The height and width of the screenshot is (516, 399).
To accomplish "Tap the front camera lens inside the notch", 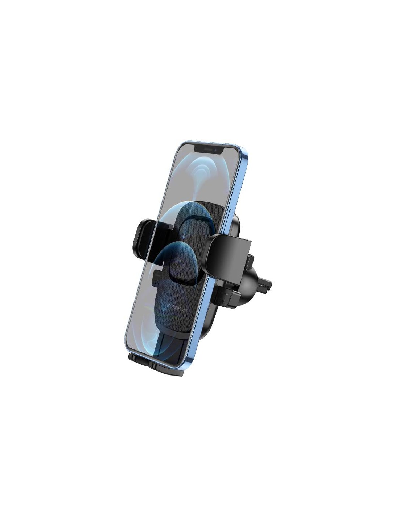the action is click(215, 150).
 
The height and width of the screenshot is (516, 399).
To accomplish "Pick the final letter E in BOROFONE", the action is click(187, 311).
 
